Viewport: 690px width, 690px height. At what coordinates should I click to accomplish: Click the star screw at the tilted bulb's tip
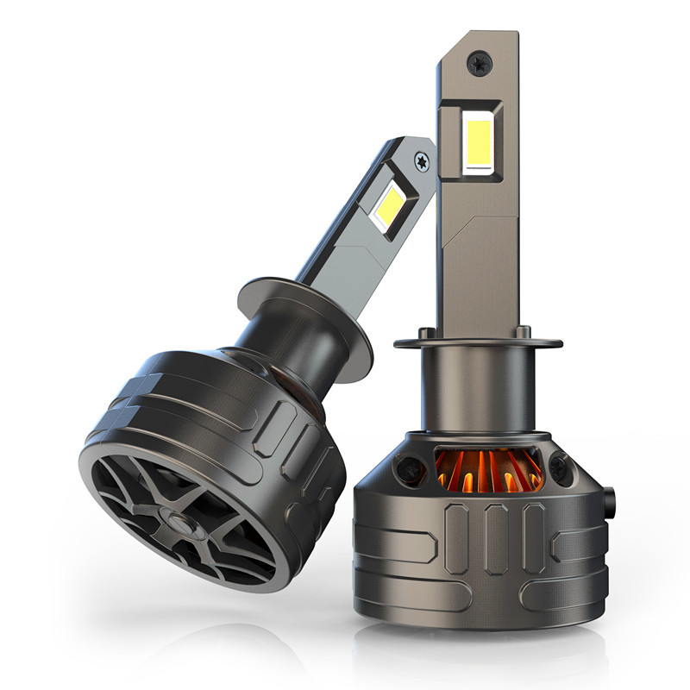421,159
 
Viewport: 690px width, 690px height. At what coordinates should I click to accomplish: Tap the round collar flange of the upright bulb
480,342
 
